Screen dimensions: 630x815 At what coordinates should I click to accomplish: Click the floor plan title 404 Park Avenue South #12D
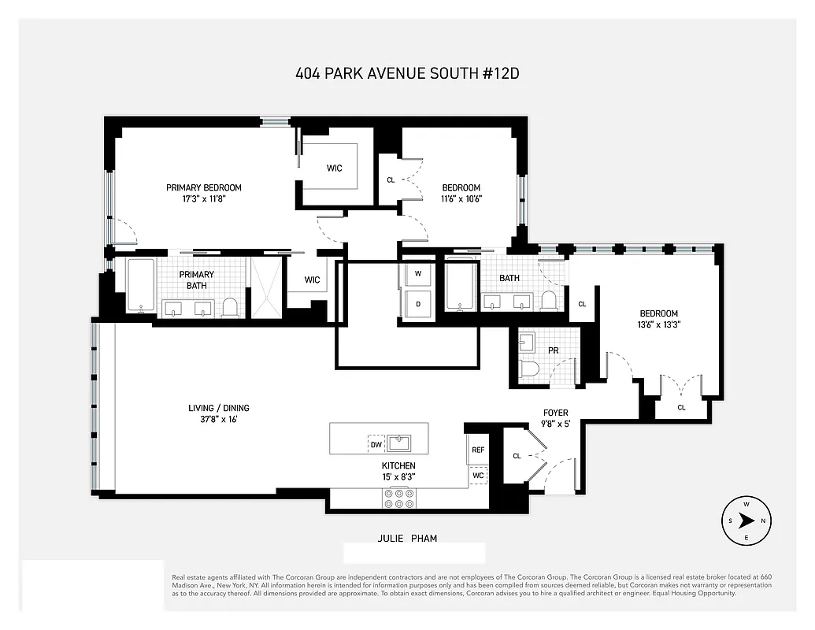coord(407,74)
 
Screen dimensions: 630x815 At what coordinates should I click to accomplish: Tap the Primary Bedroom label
coord(203,187)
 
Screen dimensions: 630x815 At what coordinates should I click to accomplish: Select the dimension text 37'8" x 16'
coord(218,420)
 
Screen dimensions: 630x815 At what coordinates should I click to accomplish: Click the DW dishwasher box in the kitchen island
coord(376,444)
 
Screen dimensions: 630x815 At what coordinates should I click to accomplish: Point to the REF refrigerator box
coord(477,450)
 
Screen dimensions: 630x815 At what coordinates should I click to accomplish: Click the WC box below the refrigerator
coord(477,476)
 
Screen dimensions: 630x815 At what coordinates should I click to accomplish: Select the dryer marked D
coord(417,304)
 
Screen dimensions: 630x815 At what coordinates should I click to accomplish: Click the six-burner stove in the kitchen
coord(398,498)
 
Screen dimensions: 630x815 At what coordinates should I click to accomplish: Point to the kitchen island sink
coord(402,440)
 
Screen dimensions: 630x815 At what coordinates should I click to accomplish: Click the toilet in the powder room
coord(530,369)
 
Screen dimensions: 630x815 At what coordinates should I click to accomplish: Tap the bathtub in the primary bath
coord(141,286)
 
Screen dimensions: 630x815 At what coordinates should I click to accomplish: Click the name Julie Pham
coord(406,539)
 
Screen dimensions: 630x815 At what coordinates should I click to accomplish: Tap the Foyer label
coord(555,413)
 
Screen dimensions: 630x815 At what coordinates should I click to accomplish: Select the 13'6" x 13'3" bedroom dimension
coord(658,324)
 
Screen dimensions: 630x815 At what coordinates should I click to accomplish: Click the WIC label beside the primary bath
coord(313,280)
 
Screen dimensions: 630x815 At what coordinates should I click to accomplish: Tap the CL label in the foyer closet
coord(517,455)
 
